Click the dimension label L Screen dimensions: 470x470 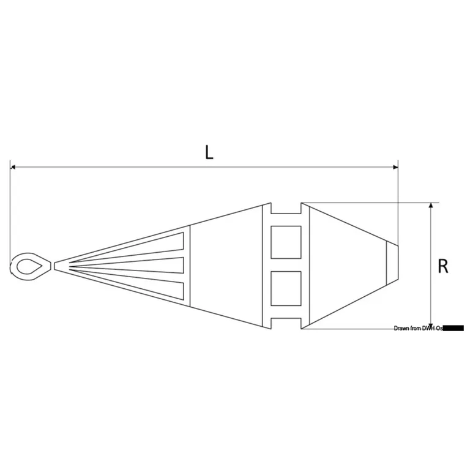point(209,152)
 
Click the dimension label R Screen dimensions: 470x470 point(443,267)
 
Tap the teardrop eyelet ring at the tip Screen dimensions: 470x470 point(28,266)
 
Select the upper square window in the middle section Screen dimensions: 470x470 point(286,242)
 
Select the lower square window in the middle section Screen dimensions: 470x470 point(286,288)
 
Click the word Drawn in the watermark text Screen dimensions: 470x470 point(402,329)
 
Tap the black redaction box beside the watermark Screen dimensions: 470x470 point(453,329)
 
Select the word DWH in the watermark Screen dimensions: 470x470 point(429,329)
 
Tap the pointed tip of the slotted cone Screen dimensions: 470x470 point(56,266)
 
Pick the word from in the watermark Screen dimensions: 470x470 point(416,329)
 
